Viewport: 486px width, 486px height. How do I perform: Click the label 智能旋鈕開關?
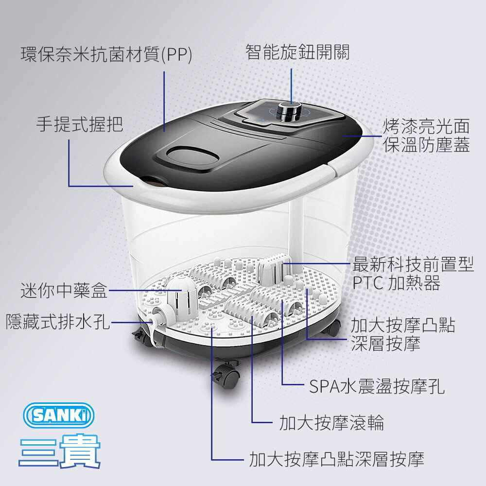point(297,52)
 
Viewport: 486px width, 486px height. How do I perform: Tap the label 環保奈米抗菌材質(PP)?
point(106,54)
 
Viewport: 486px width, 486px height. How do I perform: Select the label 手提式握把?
point(80,124)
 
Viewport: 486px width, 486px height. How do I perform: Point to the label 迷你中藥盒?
point(64,291)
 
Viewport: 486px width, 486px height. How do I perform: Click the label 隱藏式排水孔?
point(58,321)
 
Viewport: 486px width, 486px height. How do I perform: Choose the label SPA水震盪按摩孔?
point(377,386)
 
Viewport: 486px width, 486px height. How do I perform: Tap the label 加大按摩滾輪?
point(331,422)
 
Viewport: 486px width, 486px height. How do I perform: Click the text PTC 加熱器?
point(397,283)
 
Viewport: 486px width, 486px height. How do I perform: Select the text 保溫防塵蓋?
point(427,144)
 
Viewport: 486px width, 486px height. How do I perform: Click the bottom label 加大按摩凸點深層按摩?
point(337,459)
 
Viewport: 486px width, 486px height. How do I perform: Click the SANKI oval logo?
point(59,416)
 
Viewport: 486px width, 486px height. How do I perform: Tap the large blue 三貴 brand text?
point(59,451)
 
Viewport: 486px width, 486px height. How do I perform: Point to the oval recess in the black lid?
point(193,156)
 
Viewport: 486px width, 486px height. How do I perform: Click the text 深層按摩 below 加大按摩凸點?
point(385,344)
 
